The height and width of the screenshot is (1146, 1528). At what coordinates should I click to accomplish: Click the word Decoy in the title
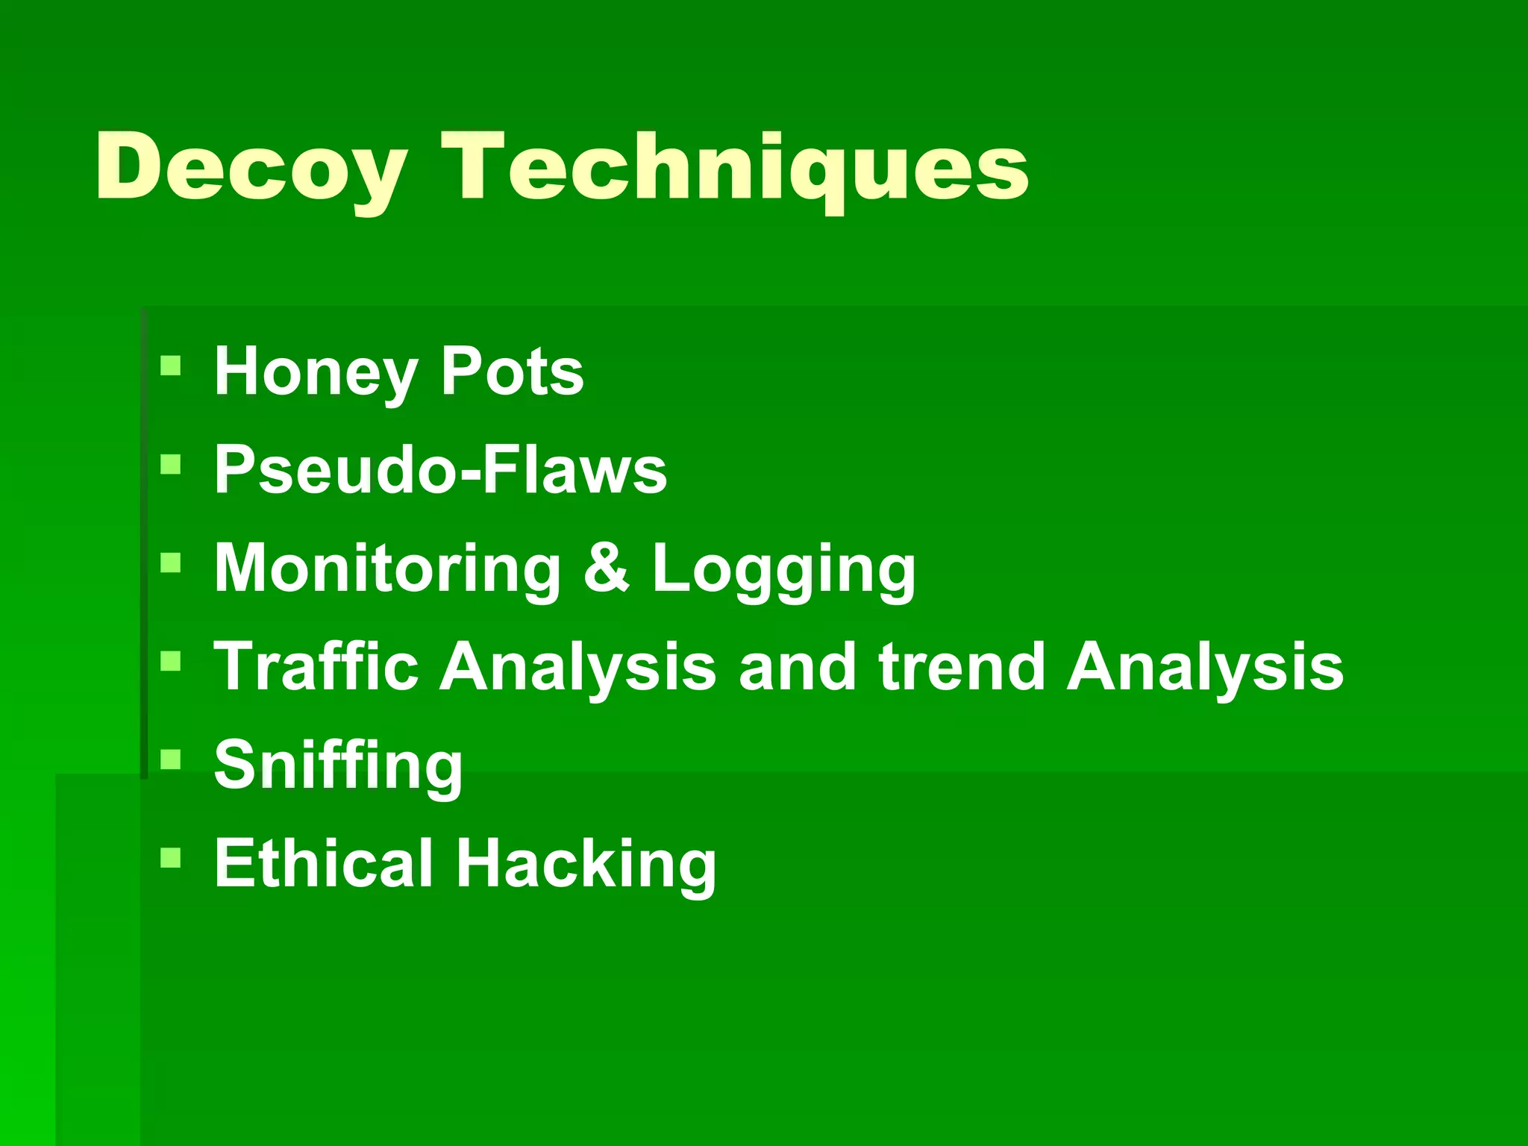coord(252,167)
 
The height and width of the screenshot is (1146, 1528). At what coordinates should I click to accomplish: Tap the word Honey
coord(316,372)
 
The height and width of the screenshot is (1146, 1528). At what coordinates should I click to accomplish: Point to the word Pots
coord(512,372)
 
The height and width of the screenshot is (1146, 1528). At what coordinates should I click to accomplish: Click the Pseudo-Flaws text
coord(440,469)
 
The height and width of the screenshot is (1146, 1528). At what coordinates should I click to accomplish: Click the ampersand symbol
coord(607,569)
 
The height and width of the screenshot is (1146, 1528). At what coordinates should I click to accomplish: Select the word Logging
coord(783,570)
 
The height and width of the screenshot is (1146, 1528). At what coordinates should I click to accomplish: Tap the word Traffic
coord(316,666)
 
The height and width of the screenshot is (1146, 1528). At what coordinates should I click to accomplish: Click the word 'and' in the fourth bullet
coord(797,666)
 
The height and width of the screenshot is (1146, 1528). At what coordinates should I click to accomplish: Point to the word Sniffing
coord(338,765)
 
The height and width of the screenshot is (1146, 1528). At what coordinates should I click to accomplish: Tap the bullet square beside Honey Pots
coord(171,365)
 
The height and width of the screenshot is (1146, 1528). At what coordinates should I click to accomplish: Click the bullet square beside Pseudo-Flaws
coord(171,464)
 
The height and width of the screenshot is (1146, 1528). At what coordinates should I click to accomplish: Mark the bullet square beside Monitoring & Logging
coord(171,562)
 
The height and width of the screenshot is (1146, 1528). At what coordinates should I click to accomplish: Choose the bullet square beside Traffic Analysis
coord(171,660)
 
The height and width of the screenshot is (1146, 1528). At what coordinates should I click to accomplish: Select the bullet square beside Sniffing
coord(171,759)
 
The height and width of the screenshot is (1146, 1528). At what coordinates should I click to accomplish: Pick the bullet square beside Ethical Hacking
coord(171,857)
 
